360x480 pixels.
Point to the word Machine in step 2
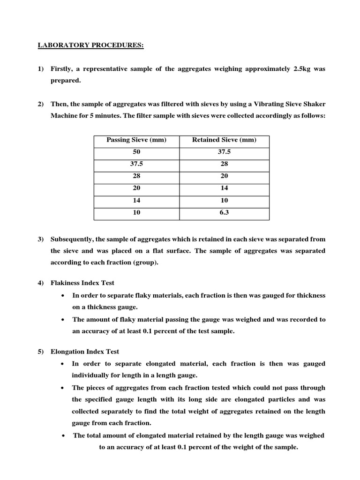(64, 115)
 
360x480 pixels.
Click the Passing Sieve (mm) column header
(136, 140)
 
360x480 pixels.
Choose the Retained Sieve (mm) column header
(225, 140)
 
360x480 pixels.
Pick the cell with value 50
(136, 152)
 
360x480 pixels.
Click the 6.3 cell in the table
(225, 212)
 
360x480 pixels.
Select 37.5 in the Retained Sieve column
(225, 152)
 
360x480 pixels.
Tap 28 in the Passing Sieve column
(136, 176)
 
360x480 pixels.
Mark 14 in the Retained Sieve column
(225, 188)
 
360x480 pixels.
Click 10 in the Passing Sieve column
(136, 212)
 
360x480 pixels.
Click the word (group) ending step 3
(145, 262)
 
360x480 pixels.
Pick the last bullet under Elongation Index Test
(63, 435)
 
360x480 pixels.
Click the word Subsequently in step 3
(72, 239)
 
